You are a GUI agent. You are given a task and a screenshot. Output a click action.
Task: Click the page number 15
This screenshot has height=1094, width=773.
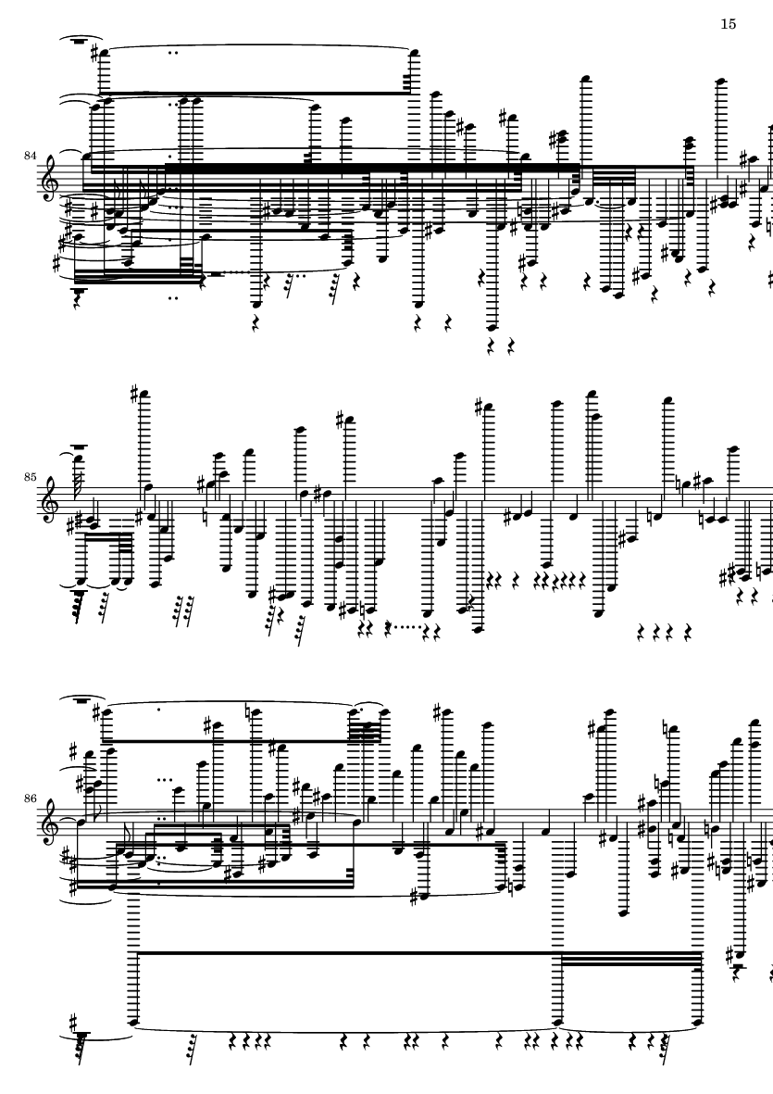pos(728,24)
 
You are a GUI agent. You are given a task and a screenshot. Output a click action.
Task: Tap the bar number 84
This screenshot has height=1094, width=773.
pos(30,156)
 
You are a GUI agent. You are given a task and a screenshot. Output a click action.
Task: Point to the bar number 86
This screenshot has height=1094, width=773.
pos(30,798)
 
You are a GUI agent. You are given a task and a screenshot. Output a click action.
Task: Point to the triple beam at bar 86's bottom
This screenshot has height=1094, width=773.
pos(630,958)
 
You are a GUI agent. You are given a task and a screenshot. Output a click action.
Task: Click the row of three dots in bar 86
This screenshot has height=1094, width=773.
pos(165,779)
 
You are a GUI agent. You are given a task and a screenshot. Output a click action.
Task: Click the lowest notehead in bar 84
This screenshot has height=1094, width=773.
pos(493,327)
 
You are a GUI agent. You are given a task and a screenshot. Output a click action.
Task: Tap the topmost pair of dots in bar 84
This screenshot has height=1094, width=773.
pos(173,52)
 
